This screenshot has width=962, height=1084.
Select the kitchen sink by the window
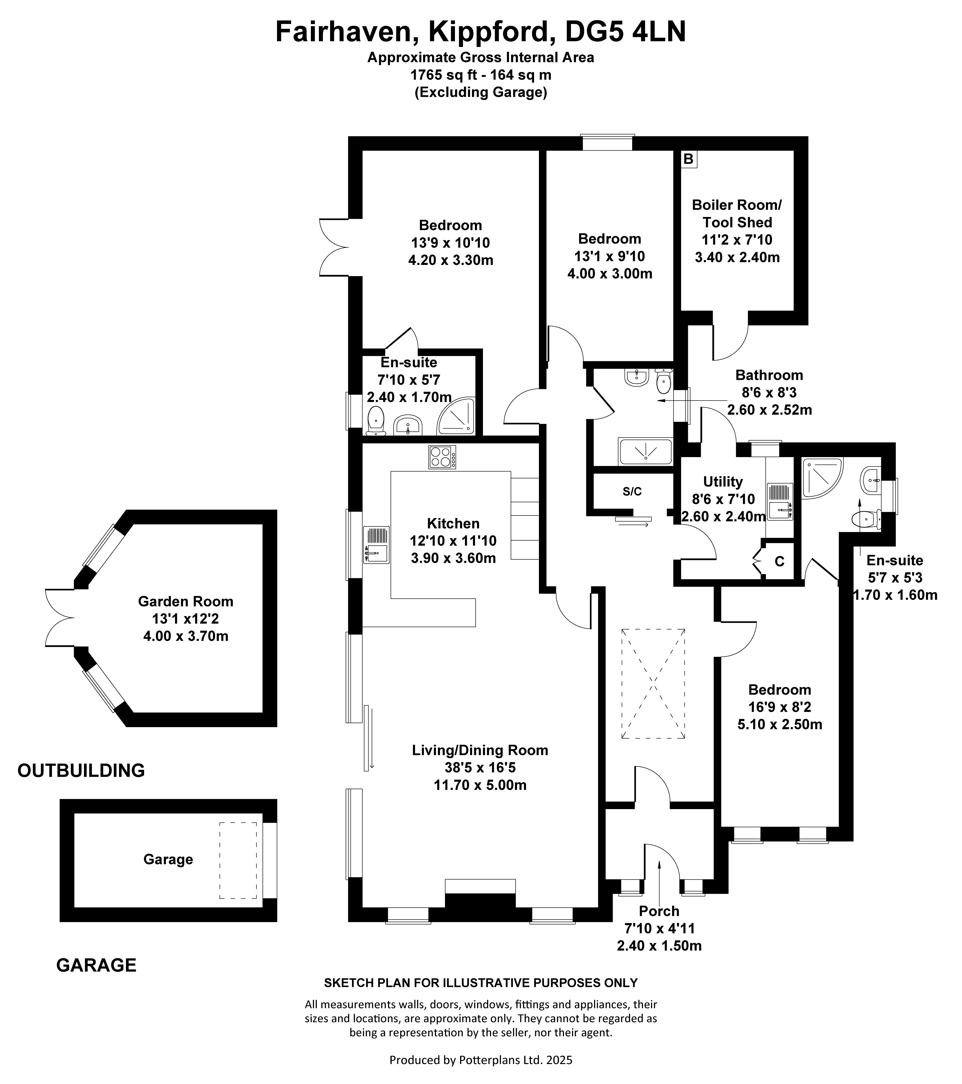click(x=376, y=545)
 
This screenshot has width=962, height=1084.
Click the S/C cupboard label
click(x=632, y=492)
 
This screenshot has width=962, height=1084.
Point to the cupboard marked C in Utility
click(x=779, y=561)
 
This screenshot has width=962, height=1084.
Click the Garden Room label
click(x=186, y=601)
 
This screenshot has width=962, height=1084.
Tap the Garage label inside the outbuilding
click(x=168, y=859)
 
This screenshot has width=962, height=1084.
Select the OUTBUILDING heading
click(x=81, y=770)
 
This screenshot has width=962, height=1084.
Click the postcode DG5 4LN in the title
click(x=625, y=32)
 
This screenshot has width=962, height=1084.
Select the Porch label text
click(x=659, y=926)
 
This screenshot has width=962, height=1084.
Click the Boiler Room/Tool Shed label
click(x=737, y=214)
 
